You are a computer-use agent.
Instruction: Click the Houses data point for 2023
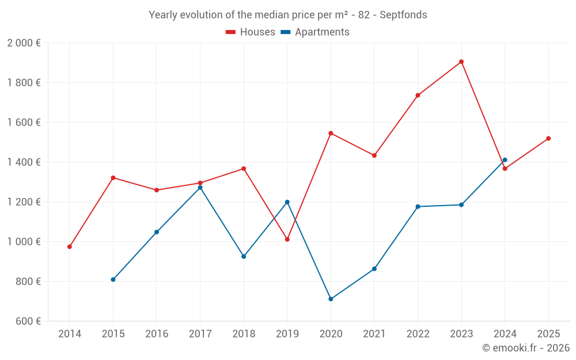pyautogui.click(x=461, y=62)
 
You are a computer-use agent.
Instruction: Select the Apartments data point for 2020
pyautogui.click(x=331, y=299)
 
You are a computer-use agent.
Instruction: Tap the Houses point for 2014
pyautogui.click(x=70, y=247)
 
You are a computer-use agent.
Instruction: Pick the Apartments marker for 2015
pyautogui.click(x=113, y=279)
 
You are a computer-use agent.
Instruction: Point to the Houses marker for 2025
pyautogui.click(x=548, y=138)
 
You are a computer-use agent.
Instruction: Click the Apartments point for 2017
pyautogui.click(x=200, y=188)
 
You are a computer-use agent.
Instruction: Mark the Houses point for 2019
pyautogui.click(x=287, y=239)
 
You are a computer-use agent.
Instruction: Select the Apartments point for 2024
pyautogui.click(x=505, y=160)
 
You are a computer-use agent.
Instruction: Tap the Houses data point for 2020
pyautogui.click(x=331, y=133)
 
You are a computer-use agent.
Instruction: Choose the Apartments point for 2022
pyautogui.click(x=418, y=206)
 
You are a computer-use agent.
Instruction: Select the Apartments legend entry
pyautogui.click(x=315, y=32)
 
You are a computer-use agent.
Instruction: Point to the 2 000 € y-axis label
pyautogui.click(x=24, y=43)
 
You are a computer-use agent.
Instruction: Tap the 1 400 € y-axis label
pyautogui.click(x=24, y=162)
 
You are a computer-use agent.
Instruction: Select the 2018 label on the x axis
pyautogui.click(x=244, y=334)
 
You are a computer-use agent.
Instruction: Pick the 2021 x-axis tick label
pyautogui.click(x=374, y=334)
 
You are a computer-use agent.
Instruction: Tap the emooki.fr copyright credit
pyautogui.click(x=525, y=348)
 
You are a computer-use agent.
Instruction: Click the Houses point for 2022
pyautogui.click(x=418, y=95)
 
